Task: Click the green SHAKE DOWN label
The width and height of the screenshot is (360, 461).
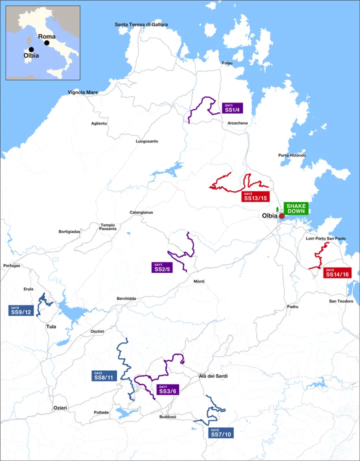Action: pos(296,208)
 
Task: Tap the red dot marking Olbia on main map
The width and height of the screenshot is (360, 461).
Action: pos(281,216)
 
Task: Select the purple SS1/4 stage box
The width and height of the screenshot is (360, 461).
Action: pos(231,108)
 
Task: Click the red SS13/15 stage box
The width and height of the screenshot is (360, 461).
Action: pos(256,196)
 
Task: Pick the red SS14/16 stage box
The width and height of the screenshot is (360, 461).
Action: pos(337,272)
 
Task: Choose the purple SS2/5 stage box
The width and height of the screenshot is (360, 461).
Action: pos(162,267)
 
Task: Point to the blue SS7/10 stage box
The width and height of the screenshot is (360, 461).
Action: pos(220,432)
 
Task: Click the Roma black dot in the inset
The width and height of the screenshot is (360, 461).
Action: pos(47,42)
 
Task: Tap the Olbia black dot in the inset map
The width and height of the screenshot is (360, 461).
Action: pos(31,49)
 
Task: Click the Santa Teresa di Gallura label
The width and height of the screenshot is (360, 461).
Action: pos(141,24)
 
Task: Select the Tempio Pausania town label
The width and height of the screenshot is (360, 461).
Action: pos(108,227)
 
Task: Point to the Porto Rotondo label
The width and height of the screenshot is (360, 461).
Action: pos(292,155)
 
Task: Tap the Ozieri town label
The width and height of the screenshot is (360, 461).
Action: pos(60,408)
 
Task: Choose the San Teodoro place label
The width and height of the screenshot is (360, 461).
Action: pos(341,301)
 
